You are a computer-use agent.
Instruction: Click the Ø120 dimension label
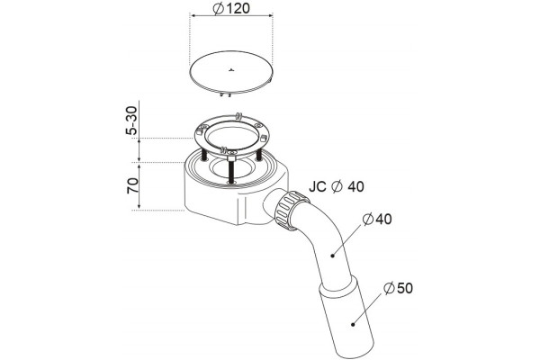[231, 9]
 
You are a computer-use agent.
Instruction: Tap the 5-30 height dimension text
[132, 121]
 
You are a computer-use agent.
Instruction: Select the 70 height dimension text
[132, 185]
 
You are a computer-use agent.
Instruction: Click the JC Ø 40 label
[336, 186]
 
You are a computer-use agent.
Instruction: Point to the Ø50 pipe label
[398, 288]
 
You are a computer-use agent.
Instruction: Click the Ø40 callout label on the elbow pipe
[377, 219]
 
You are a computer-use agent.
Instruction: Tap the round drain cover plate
[231, 73]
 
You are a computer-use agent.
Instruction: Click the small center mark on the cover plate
[231, 70]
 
